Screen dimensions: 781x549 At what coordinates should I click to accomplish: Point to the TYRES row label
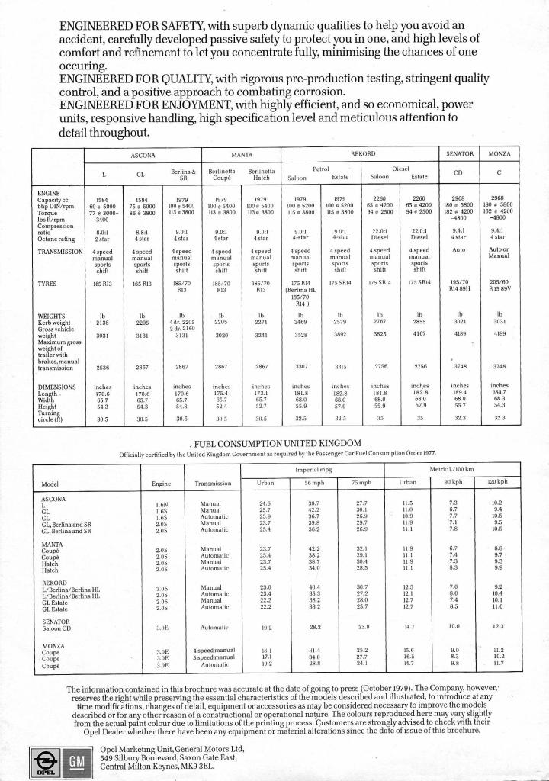point(47,283)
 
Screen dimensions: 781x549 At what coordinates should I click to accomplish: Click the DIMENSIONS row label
point(58,387)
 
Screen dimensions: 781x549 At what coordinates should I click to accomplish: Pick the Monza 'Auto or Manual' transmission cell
point(499,254)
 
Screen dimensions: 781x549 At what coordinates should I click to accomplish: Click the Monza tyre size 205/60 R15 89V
point(499,286)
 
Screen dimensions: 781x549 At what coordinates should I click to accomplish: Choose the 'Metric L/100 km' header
point(451,468)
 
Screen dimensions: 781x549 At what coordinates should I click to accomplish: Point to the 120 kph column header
point(497,484)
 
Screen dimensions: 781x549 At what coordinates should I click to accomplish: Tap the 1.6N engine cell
point(162,504)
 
